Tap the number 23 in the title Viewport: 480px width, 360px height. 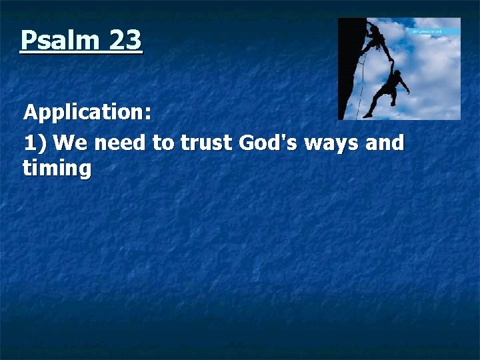pyautogui.click(x=125, y=41)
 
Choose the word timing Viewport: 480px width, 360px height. pyautogui.click(x=57, y=169)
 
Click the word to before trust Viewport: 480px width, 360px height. pyautogui.click(x=163, y=143)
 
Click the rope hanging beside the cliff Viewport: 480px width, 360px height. pyautogui.click(x=361, y=83)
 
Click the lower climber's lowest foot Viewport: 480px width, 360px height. pyautogui.click(x=367, y=115)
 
